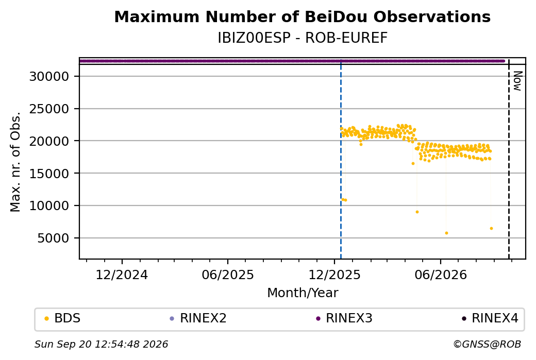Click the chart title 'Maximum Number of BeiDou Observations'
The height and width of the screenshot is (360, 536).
point(302,16)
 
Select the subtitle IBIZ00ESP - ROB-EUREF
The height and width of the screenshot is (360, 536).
point(303,38)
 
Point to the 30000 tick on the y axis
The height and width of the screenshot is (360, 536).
point(49,76)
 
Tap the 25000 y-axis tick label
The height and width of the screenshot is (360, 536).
point(49,109)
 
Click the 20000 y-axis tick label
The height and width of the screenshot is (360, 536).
point(49,141)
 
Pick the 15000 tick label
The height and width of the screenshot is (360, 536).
point(49,173)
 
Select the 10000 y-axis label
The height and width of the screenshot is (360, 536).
point(49,205)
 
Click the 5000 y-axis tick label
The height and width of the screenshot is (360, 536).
point(53,238)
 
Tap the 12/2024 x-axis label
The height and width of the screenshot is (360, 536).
point(122,275)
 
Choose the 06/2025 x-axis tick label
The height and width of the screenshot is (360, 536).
point(228,275)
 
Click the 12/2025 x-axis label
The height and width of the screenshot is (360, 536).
point(334,275)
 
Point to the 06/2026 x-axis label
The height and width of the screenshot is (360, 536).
point(441,275)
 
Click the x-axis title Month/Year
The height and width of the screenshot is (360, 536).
point(303,293)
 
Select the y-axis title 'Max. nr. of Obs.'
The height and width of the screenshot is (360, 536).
point(15,162)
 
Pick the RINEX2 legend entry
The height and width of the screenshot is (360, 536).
point(198,318)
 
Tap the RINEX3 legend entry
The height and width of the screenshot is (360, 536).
point(344,318)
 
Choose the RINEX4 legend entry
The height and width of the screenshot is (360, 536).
point(490,318)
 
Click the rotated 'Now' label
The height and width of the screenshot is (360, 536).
point(517,81)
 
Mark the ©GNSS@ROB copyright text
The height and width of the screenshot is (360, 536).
point(487,344)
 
